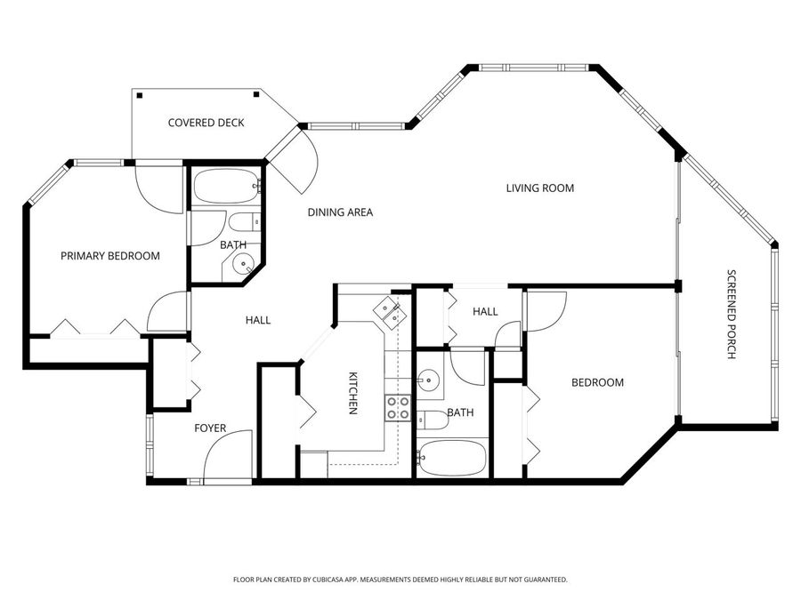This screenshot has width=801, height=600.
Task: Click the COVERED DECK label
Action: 206,123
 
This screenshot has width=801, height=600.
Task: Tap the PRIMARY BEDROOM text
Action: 110,256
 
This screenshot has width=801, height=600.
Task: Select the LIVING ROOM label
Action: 539,188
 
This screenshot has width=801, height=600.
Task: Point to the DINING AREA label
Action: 340,212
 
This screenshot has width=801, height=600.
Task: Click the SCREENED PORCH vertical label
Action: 732,314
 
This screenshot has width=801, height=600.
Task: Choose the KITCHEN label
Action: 352,393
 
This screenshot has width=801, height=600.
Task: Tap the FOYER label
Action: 210,428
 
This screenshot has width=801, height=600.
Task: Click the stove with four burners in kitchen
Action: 398,408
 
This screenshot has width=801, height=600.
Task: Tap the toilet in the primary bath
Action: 243,221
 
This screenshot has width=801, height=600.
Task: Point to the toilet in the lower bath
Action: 433,420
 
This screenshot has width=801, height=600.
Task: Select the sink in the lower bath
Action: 429,380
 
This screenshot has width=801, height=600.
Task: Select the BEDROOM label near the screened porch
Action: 597,382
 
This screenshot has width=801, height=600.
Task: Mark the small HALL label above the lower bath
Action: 485,311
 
